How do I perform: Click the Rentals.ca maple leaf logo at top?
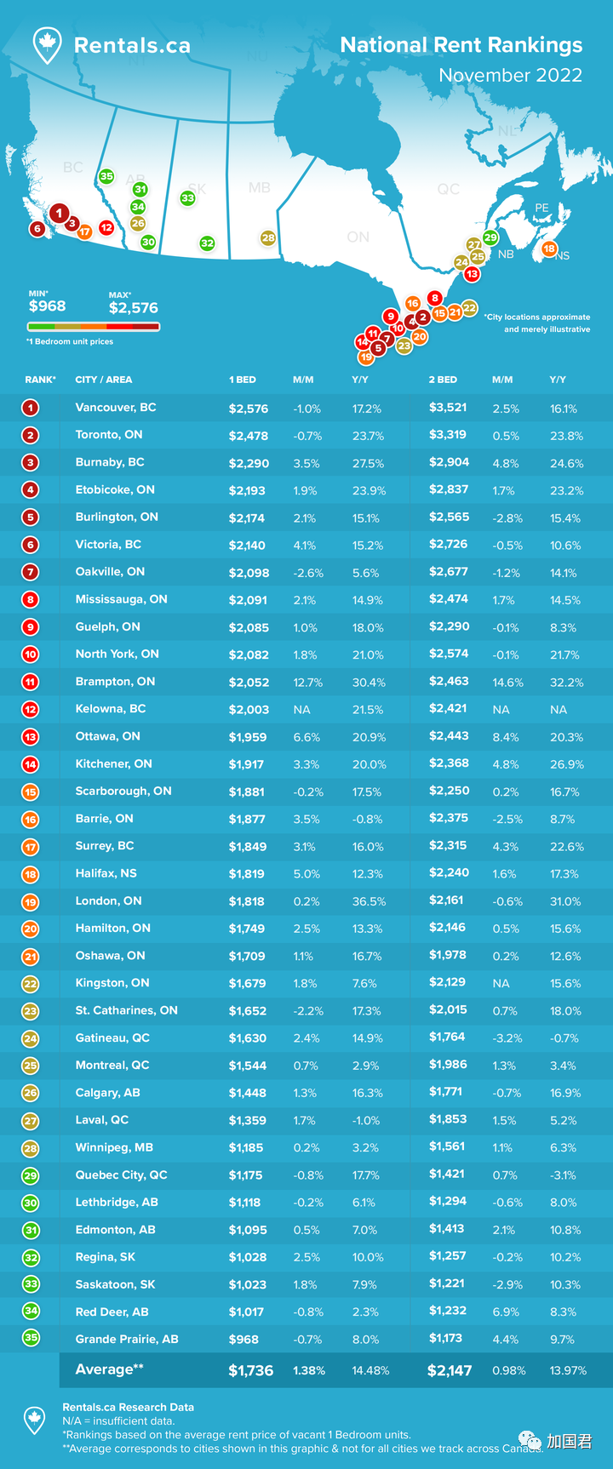[47, 44]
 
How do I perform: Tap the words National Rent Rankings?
[461, 45]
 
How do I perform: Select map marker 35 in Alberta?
[106, 177]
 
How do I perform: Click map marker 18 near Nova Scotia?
[549, 249]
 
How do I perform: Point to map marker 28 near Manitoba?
[268, 238]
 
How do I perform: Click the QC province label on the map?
[448, 189]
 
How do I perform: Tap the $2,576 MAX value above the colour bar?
[133, 308]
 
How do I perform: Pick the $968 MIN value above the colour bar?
[47, 306]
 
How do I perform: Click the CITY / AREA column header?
[104, 380]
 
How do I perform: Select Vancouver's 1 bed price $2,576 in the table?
[249, 409]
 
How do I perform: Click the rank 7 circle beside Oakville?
[31, 573]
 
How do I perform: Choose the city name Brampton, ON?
[115, 682]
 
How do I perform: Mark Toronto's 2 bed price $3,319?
[448, 435]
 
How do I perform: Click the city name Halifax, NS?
[106, 873]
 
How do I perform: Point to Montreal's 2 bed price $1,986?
[448, 1065]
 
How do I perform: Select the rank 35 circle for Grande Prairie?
[31, 1338]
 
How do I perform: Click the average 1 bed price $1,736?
[250, 1370]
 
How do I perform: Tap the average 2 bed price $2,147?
[450, 1370]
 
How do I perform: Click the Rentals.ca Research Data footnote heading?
[128, 1407]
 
